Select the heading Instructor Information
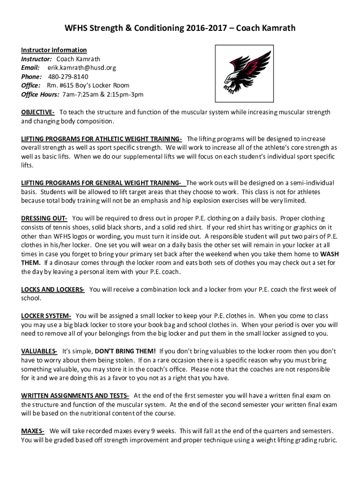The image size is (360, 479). coord(54,50)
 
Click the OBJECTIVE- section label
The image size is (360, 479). coord(38,112)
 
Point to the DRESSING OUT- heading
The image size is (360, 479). coord(44,218)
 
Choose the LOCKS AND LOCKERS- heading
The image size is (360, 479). coord(53,290)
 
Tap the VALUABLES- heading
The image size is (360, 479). coord(39,351)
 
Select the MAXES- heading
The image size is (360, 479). coord(33,431)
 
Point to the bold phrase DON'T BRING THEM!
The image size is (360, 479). coord(125,351)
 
